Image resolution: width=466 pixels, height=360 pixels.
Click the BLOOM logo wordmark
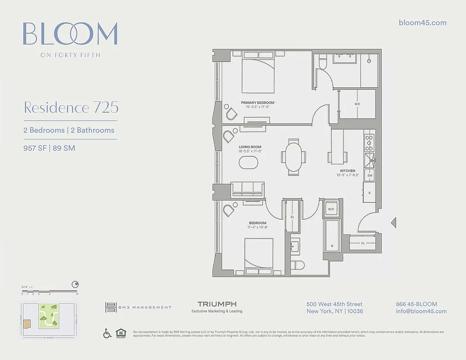pos(70,34)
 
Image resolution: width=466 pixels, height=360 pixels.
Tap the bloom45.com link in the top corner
pos(422,23)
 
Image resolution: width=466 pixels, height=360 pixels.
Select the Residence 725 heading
pos(71,108)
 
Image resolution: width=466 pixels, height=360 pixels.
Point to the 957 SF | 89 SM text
pos(49,148)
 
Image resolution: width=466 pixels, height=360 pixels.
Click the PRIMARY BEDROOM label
pos(258,103)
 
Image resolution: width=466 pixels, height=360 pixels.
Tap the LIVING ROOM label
pos(250,147)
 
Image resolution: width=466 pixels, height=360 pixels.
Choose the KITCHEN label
pos(348,171)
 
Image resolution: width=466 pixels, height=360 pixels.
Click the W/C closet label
pos(357,103)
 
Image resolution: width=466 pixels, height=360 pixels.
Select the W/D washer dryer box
pos(331,209)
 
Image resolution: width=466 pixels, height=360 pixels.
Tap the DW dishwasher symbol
pos(369,175)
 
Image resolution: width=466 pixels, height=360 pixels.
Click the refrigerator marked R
pos(369,193)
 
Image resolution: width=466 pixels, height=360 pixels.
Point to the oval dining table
pos(294,157)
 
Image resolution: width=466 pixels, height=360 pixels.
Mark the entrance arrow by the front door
pos(394,221)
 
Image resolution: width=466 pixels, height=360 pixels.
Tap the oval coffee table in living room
pos(249,162)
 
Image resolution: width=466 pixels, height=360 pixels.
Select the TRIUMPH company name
pos(217,305)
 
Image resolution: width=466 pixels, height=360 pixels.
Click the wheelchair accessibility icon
pos(108,333)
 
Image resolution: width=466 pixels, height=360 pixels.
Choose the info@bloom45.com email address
pos(421,311)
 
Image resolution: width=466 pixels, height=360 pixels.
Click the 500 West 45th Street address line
pos(335,305)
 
